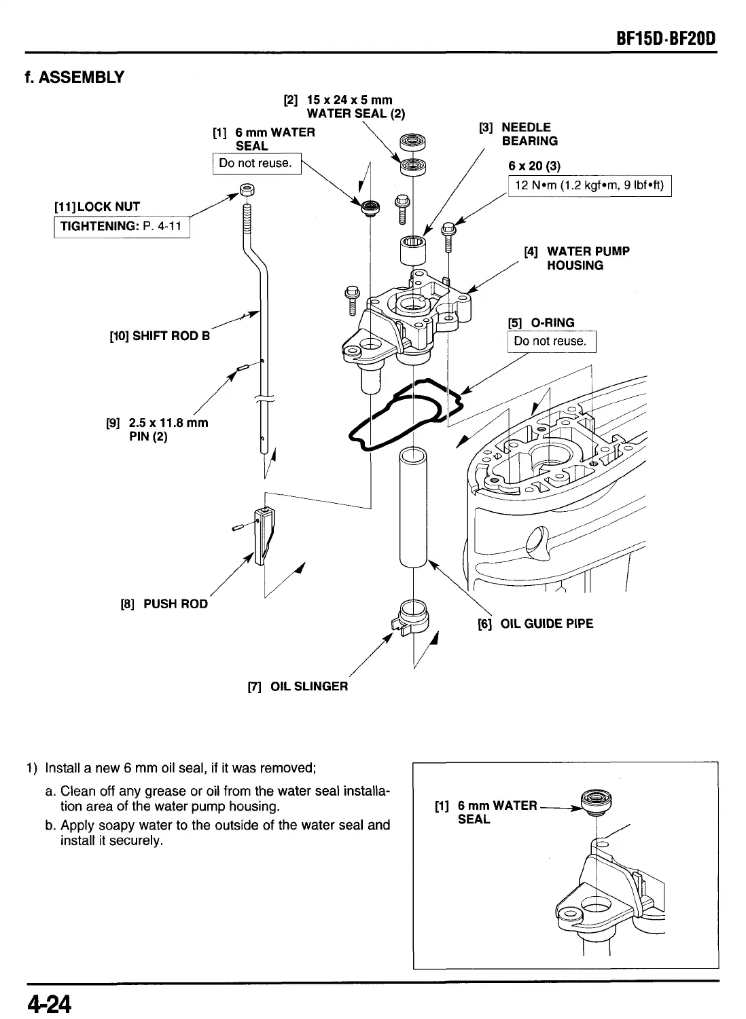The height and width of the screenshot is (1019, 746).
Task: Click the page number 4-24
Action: pos(49,1002)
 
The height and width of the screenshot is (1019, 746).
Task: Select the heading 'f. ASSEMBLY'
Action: pos(74,77)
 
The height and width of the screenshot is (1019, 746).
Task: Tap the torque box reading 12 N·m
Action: pos(590,185)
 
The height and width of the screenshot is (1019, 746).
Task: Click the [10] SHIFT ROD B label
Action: pos(160,335)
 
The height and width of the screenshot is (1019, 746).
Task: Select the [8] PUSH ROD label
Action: pos(164,604)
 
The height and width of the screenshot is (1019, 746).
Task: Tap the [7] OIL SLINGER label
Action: pos(298,686)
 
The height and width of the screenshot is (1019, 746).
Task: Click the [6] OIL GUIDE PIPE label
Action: pos(535,623)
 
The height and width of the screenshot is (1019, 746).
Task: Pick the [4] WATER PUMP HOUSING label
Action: pos(576,258)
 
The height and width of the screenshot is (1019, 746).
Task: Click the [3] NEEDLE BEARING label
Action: pos(519,134)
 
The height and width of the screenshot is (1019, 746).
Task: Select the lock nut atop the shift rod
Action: pos(247,189)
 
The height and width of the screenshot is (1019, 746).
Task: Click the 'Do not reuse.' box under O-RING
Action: pos(550,341)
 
